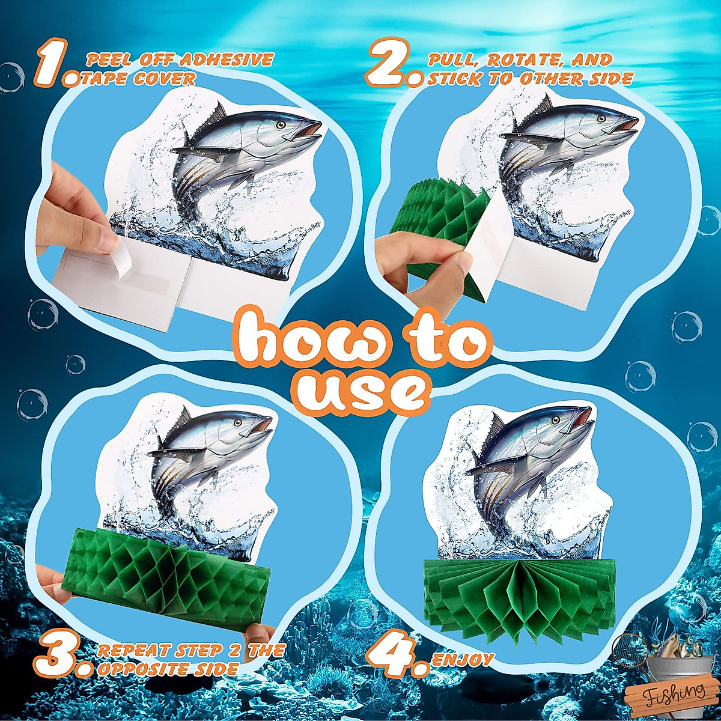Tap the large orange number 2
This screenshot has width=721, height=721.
[387, 62]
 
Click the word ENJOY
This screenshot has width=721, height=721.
[463, 660]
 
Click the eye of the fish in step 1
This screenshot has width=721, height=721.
[281, 125]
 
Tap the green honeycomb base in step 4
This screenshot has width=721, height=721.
[517, 595]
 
